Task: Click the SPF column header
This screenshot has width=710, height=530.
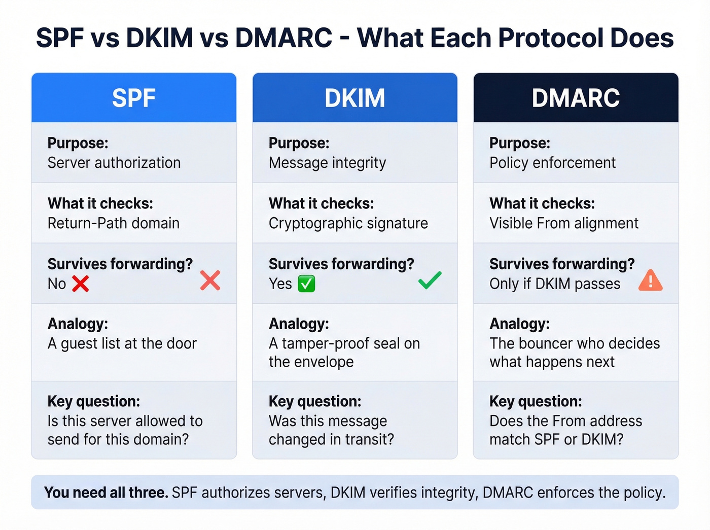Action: [x=134, y=98]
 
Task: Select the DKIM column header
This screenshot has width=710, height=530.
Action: [x=354, y=98]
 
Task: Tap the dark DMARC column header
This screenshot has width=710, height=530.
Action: [x=576, y=98]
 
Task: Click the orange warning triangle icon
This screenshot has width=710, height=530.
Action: [x=650, y=280]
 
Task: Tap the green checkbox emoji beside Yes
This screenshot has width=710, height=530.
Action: [x=306, y=284]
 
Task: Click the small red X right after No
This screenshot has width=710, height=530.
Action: [x=80, y=284]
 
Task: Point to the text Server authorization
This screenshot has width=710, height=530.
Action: [x=114, y=163]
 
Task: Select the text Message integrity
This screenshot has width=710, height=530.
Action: [x=327, y=163]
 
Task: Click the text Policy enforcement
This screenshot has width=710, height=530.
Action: [x=552, y=163]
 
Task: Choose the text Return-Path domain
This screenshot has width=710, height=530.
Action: [x=114, y=223]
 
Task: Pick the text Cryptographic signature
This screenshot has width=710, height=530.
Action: [x=348, y=223]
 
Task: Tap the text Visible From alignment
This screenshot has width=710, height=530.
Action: [x=564, y=223]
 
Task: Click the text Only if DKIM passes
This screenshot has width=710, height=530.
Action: [x=555, y=284]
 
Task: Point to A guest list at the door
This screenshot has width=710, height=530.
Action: [x=122, y=344]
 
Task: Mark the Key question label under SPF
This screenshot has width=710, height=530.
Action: [x=94, y=401]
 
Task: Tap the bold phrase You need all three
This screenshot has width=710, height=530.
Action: [x=106, y=492]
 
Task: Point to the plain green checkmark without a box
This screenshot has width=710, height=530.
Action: [x=430, y=280]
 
